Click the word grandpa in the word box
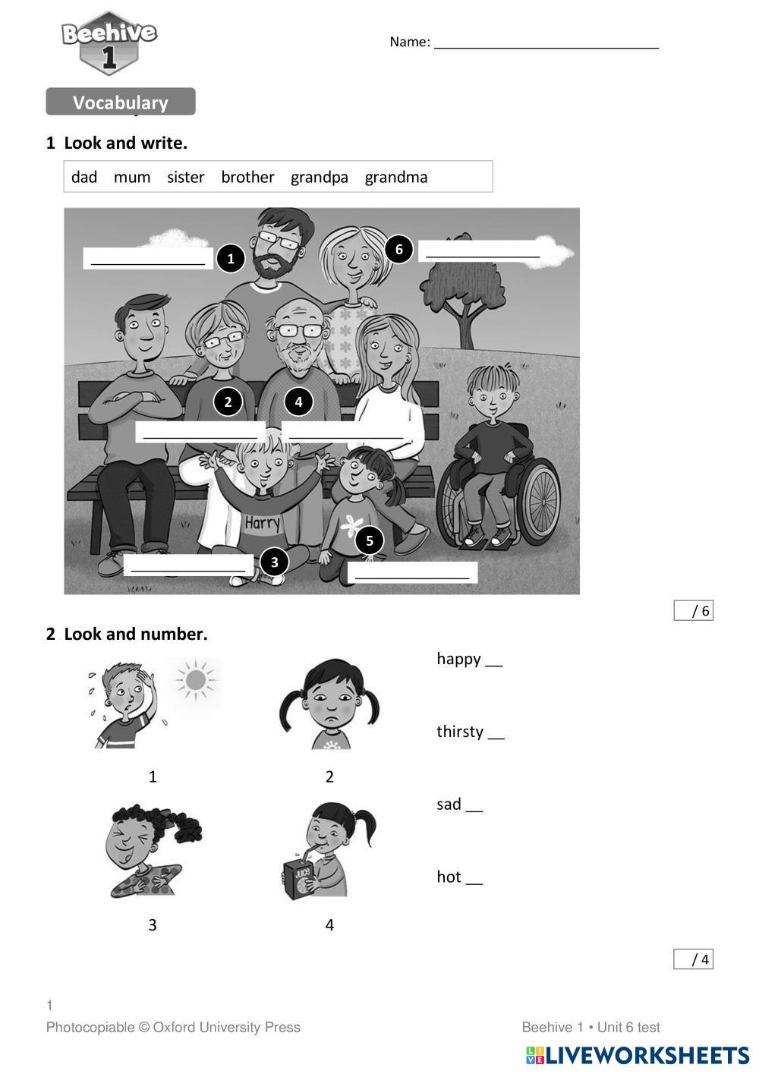coord(319,178)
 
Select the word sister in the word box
coord(185,177)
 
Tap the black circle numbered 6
coord(398,249)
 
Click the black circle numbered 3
coord(274,562)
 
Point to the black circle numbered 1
coord(231,259)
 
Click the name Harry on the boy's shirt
coord(262,523)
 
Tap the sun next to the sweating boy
coord(196,679)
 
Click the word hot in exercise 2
coord(449,877)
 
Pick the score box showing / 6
coord(693,610)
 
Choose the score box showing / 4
coord(693,959)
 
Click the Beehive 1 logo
coord(109,43)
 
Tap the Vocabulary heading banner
coord(121,102)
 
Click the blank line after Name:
coord(546,48)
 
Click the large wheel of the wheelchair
coord(541,501)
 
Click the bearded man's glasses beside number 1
coord(279,240)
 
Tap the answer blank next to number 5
coord(412,572)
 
